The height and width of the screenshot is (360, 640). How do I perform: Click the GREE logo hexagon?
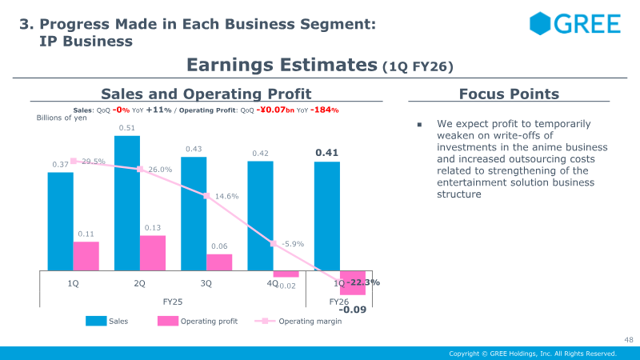(x=541, y=23)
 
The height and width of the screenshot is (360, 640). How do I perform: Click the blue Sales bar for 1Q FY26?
(x=327, y=216)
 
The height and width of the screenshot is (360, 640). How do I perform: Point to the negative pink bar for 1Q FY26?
(x=353, y=282)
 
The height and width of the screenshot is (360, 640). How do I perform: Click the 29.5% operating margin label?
(x=93, y=162)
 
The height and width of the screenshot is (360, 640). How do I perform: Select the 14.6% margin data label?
(x=226, y=196)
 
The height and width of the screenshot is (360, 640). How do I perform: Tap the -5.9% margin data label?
(x=293, y=244)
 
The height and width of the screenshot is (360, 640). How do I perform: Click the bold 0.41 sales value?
(x=327, y=153)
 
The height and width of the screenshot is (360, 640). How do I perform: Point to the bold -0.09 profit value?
(x=352, y=309)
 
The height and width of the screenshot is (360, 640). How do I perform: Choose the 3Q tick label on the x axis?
(x=206, y=283)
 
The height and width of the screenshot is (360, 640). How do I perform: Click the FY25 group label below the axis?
(x=173, y=302)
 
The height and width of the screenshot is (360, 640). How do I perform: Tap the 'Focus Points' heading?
(x=509, y=94)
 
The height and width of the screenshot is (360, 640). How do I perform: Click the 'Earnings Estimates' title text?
(x=281, y=65)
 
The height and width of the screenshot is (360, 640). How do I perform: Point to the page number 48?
(x=628, y=340)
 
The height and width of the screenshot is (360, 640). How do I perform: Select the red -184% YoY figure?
(x=324, y=110)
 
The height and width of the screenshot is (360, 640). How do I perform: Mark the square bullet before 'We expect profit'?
(x=419, y=126)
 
